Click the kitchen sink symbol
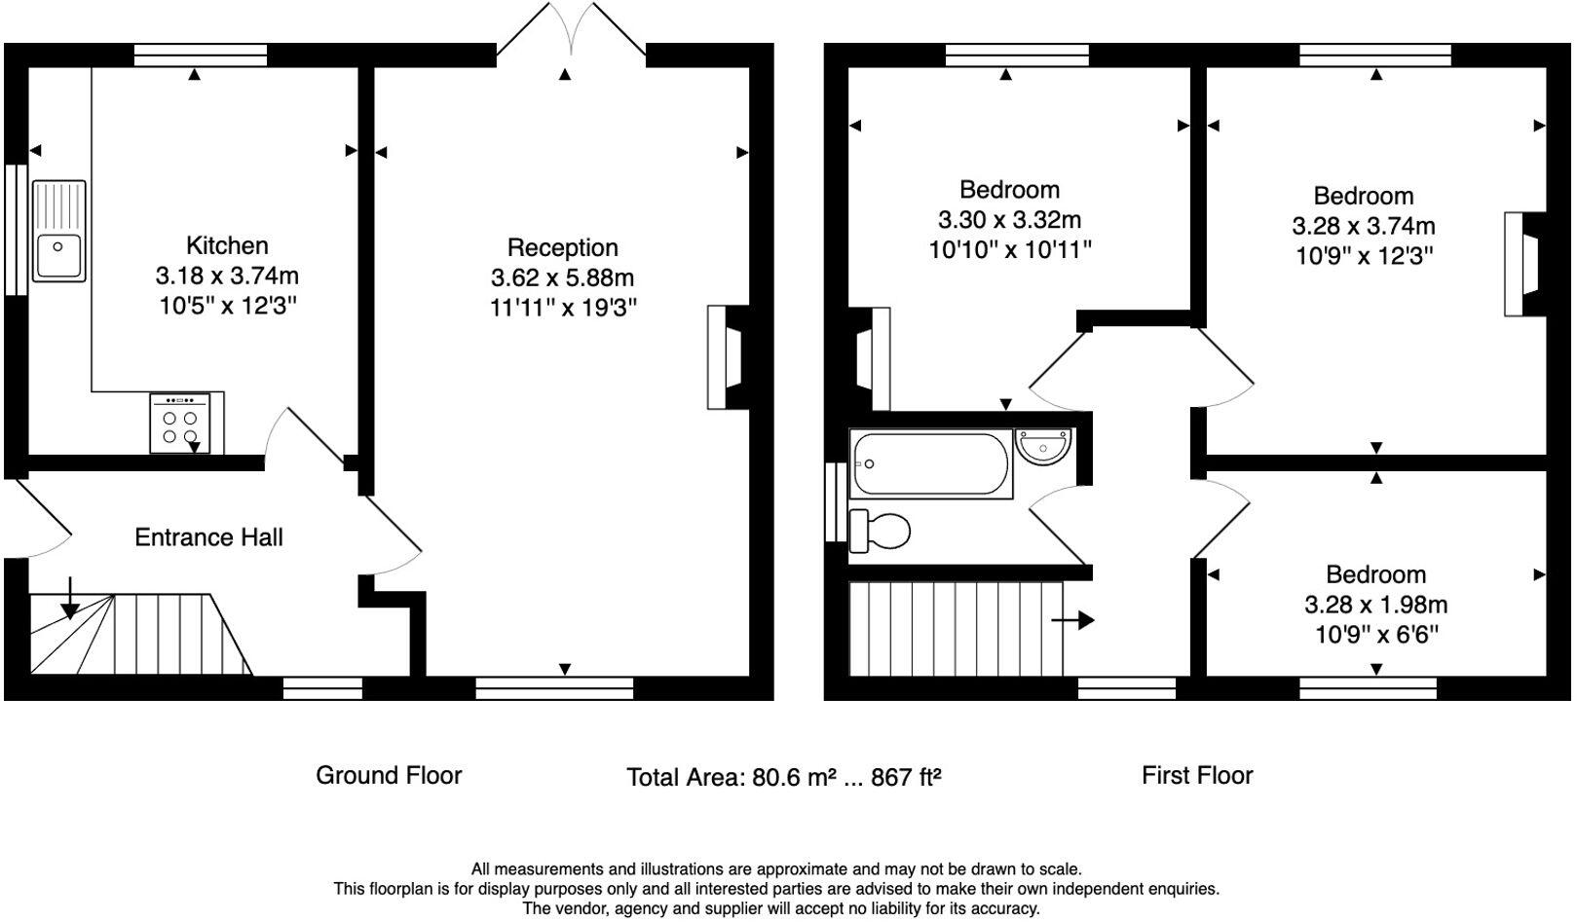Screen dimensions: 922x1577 59,232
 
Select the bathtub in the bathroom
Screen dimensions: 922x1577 930,463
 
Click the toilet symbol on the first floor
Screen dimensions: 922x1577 881,531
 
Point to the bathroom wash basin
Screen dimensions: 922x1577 1042,446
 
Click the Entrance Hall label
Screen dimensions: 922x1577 208,537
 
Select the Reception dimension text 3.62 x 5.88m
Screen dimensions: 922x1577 562,277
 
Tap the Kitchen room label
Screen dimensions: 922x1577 227,245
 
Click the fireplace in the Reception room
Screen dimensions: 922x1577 728,356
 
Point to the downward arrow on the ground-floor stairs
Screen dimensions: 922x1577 70,598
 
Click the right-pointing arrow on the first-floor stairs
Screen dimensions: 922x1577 1073,620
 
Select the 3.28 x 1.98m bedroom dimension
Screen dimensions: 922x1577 1375,605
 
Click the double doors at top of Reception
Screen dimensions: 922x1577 571,29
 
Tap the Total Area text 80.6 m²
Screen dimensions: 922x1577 784,777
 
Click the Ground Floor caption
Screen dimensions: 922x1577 389,775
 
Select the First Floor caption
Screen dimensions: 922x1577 1196,775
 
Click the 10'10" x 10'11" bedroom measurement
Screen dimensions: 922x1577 1009,250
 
